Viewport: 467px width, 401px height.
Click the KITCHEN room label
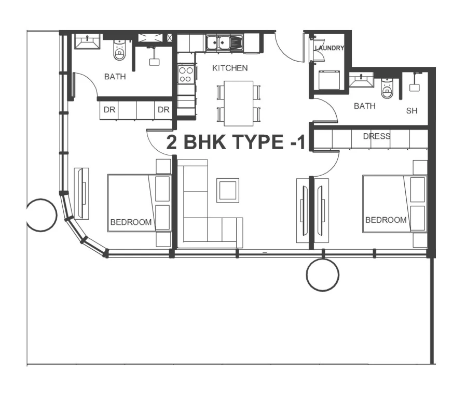230,68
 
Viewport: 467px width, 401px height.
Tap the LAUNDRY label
329,48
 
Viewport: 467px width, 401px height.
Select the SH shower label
411,111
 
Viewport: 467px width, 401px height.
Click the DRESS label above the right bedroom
376,136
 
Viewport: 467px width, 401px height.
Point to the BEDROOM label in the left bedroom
131,222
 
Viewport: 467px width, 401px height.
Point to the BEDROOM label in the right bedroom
386,220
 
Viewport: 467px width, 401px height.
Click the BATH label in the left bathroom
115,77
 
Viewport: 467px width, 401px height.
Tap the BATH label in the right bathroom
364,106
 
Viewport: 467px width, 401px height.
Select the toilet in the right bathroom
387,89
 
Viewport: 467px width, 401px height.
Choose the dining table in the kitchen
238,103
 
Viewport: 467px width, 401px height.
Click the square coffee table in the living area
227,190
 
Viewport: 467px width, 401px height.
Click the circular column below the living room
322,275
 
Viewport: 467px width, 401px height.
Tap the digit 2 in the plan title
172,142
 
